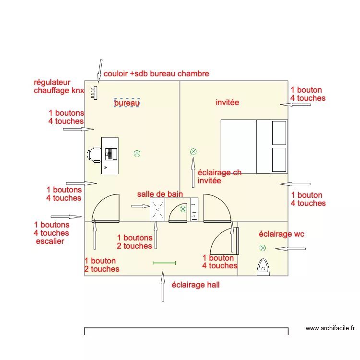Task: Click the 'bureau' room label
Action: click(x=127, y=103)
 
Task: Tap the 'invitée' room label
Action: click(x=228, y=102)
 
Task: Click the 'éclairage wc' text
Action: click(x=282, y=234)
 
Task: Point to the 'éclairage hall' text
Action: click(x=195, y=285)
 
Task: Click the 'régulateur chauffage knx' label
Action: click(x=59, y=86)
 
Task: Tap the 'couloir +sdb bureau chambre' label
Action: click(x=156, y=73)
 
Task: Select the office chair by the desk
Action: click(x=95, y=154)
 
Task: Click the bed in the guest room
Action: click(x=254, y=146)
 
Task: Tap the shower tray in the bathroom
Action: click(x=158, y=210)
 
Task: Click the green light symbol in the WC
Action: click(x=263, y=248)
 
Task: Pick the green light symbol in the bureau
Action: click(x=137, y=154)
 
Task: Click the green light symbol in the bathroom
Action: click(x=183, y=209)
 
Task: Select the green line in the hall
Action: click(x=164, y=263)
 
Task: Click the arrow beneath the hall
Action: click(x=163, y=287)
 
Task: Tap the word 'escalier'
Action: click(x=50, y=241)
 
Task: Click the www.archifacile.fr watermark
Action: click(x=330, y=328)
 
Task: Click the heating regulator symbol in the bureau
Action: click(x=95, y=92)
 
